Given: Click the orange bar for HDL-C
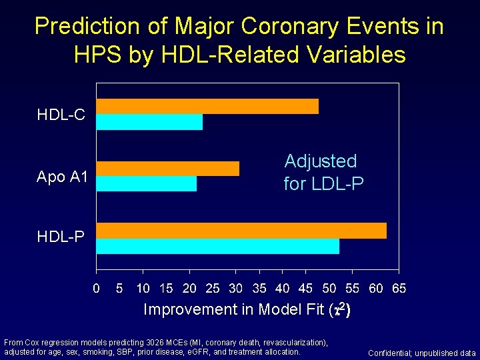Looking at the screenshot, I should pyautogui.click(x=207, y=106).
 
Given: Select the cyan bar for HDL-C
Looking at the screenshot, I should pyautogui.click(x=149, y=122).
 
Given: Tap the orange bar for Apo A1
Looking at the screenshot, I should pyautogui.click(x=168, y=169).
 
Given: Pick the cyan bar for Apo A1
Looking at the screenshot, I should pyautogui.click(x=147, y=183).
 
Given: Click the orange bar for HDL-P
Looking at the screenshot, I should pyautogui.click(x=241, y=231).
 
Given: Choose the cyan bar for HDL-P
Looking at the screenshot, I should pyautogui.click(x=218, y=246).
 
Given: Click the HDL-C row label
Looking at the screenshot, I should pyautogui.click(x=61, y=115).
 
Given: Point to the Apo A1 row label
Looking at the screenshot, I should pyautogui.click(x=61, y=177).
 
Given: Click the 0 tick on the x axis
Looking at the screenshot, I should pyautogui.click(x=97, y=289).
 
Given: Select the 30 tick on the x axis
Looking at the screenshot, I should pyautogui.click(x=235, y=289).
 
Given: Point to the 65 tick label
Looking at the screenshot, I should pyautogui.click(x=399, y=289).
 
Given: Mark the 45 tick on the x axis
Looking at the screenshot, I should pyautogui.click(x=305, y=289).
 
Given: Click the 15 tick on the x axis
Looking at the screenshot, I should pyautogui.click(x=166, y=289).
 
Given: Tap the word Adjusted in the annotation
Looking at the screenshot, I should pyautogui.click(x=321, y=161).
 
